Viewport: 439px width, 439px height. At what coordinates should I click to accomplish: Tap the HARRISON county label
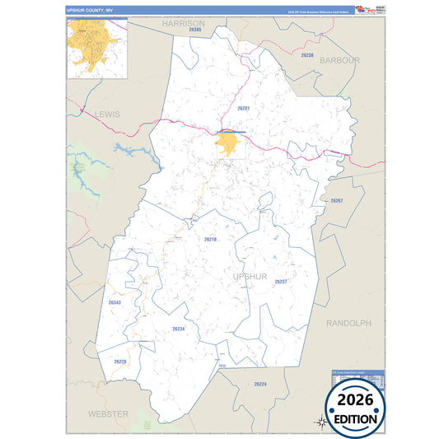pyautogui.click(x=183, y=24)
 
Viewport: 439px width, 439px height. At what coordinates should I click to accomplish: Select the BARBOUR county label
pyautogui.click(x=339, y=60)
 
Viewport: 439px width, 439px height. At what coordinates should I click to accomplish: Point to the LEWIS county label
pyautogui.click(x=107, y=114)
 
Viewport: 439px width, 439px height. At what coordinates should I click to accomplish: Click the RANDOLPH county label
pyautogui.click(x=348, y=323)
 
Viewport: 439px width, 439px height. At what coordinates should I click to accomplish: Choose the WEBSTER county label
pyautogui.click(x=108, y=413)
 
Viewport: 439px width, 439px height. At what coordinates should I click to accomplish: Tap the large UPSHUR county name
pyautogui.click(x=250, y=276)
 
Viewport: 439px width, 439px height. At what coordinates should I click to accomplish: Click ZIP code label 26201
pyautogui.click(x=243, y=108)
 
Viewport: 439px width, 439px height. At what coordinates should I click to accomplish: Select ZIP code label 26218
pyautogui.click(x=210, y=239)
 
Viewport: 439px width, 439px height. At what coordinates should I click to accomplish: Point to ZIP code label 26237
pyautogui.click(x=281, y=282)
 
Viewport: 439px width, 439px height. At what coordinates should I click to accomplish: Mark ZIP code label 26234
pyautogui.click(x=179, y=329)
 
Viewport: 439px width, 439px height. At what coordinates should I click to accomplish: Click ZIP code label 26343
pyautogui.click(x=114, y=302)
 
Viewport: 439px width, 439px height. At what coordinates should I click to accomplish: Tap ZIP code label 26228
pyautogui.click(x=120, y=362)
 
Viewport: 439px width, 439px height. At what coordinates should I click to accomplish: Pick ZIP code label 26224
pyautogui.click(x=260, y=385)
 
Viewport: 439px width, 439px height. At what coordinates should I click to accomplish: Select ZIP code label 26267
pyautogui.click(x=336, y=201)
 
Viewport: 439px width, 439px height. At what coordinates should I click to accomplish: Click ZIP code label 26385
pyautogui.click(x=194, y=31)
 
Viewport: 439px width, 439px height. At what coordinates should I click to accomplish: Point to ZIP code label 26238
pyautogui.click(x=307, y=54)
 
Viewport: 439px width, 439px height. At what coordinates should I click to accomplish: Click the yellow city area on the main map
pyautogui.click(x=228, y=145)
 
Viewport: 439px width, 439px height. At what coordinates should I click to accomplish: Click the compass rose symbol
pyautogui.click(x=322, y=422)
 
